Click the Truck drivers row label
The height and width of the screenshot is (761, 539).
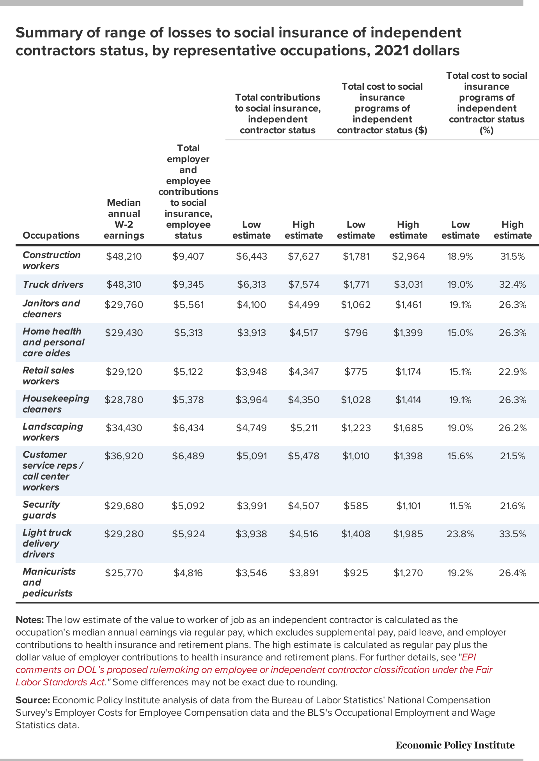[53, 285]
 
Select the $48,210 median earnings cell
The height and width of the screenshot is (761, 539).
[124, 256]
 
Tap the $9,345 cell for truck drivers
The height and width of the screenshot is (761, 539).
[188, 285]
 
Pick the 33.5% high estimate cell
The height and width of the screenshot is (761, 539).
[512, 534]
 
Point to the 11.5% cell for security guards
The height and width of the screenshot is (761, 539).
[460, 506]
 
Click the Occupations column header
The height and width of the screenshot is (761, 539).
[51, 235]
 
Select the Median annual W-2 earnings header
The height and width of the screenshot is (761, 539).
[124, 219]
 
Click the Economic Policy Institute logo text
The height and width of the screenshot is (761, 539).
[455, 745]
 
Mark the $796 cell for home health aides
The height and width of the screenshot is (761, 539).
[356, 333]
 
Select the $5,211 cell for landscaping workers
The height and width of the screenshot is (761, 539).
[304, 428]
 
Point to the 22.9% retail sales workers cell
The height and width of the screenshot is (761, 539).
[512, 372]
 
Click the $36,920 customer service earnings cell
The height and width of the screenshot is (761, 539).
[124, 456]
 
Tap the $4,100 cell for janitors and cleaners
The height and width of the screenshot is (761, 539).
[252, 305]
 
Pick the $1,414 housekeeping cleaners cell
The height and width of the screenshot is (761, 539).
[408, 400]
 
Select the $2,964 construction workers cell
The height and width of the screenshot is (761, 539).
[408, 256]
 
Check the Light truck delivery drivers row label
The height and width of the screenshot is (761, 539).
[47, 543]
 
